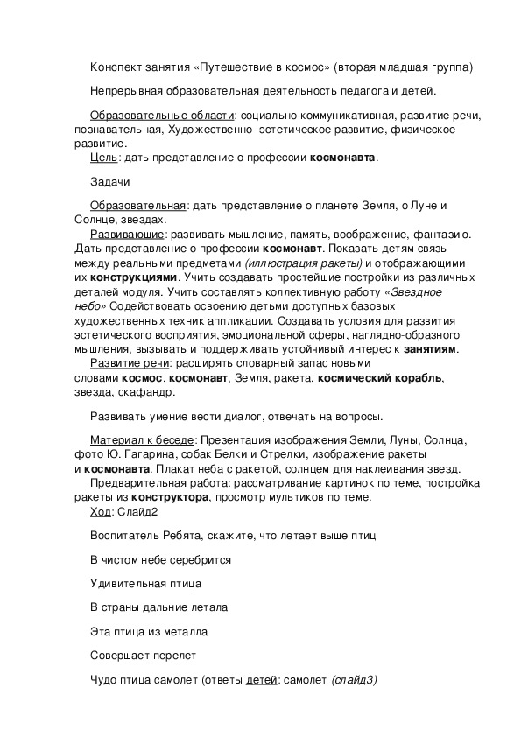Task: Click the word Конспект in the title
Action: point(117,67)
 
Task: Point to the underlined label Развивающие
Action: point(127,235)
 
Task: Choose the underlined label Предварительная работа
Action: point(158,483)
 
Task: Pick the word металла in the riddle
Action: point(187,631)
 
